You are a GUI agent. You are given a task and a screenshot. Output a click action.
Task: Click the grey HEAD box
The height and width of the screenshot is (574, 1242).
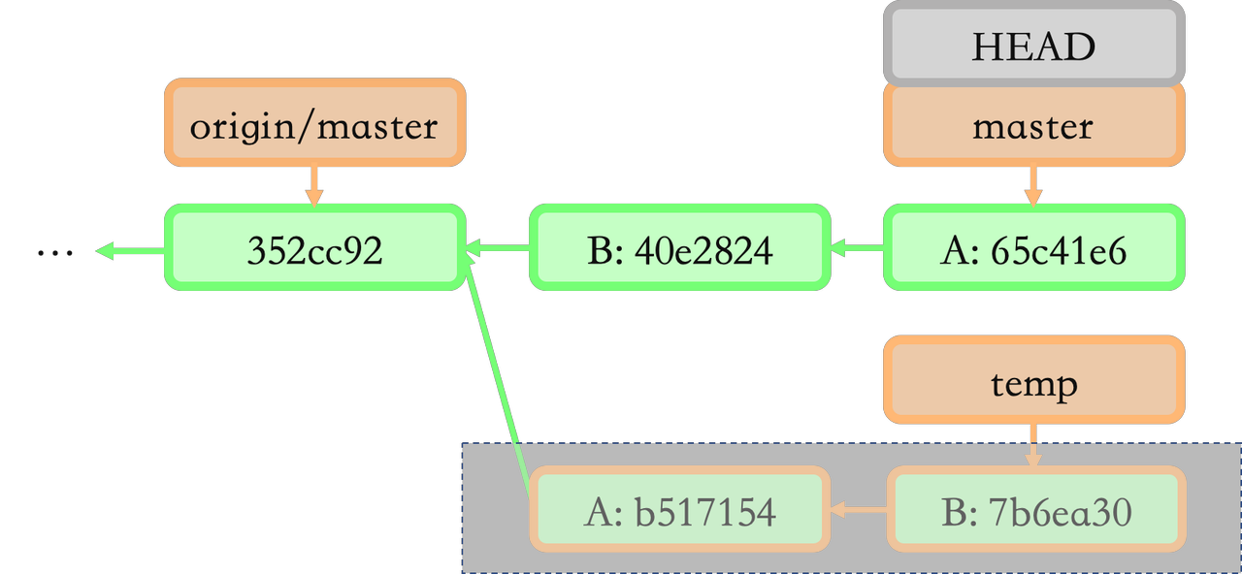click(1033, 46)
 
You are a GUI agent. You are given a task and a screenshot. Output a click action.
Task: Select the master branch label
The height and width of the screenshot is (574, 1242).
click(1033, 126)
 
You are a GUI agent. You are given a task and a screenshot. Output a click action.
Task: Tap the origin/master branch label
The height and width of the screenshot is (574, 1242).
click(314, 125)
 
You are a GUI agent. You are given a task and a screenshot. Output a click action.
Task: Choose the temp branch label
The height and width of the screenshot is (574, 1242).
click(1033, 384)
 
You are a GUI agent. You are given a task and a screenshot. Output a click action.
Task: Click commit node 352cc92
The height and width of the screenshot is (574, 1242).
click(314, 250)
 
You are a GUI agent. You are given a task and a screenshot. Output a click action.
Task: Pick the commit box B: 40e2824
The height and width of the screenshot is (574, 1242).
click(679, 250)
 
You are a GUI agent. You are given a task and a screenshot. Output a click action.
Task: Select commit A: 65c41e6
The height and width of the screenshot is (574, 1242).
click(1033, 250)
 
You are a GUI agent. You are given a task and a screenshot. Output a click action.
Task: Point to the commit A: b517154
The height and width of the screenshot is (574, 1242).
click(679, 511)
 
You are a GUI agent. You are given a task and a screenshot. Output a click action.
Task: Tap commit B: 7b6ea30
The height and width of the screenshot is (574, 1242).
click(1035, 511)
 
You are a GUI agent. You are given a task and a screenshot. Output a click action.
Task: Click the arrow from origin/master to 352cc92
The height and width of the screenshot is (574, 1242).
click(313, 184)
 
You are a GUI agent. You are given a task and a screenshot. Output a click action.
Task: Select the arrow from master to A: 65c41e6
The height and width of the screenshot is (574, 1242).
click(1032, 184)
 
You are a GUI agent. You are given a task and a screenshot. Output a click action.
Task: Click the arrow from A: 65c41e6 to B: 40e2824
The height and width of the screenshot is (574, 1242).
click(857, 250)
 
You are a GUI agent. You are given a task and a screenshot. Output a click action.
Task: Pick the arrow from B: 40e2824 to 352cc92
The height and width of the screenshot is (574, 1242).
click(498, 250)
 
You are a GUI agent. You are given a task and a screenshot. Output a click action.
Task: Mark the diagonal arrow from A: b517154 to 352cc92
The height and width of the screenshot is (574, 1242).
click(500, 378)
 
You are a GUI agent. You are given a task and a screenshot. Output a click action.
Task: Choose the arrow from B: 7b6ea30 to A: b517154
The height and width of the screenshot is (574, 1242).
click(859, 509)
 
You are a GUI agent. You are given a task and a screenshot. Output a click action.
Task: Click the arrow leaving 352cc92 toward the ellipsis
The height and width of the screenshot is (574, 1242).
click(131, 252)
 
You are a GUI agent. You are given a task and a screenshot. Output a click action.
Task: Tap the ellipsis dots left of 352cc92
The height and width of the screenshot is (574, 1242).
click(55, 253)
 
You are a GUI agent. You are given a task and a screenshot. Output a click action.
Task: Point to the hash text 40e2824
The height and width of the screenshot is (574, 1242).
click(703, 250)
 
